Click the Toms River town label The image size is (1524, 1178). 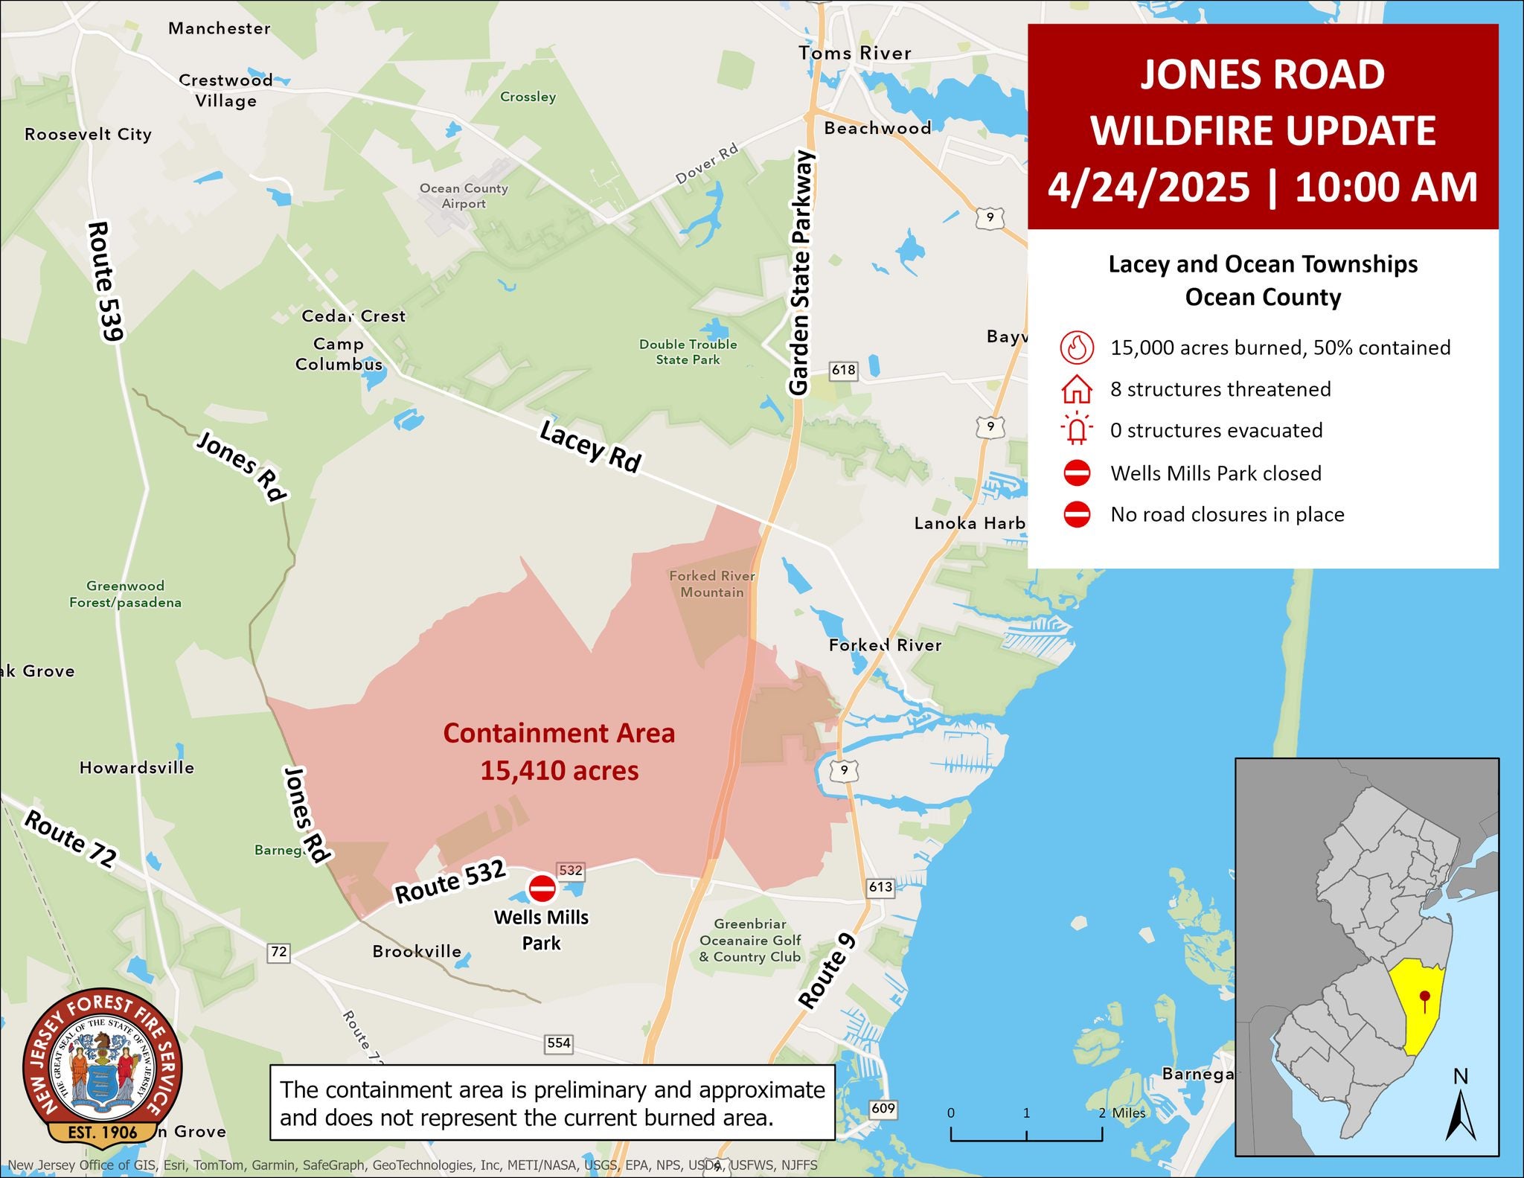(855, 53)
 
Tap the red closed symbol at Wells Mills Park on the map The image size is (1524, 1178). (542, 888)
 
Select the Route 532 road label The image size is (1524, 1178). (450, 881)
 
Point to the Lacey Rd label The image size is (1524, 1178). (590, 446)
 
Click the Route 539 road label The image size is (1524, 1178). (105, 281)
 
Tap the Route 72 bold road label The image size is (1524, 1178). (71, 839)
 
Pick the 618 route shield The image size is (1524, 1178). (844, 370)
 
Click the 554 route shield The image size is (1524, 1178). (559, 1043)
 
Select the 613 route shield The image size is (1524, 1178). (880, 886)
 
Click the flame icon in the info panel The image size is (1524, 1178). (1077, 348)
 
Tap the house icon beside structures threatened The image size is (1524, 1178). (1077, 389)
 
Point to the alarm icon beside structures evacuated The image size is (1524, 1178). (1077, 430)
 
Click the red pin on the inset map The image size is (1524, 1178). (1424, 997)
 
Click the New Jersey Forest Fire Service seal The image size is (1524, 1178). (103, 1066)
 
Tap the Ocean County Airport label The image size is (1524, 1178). (464, 196)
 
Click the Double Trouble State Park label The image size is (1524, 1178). (688, 352)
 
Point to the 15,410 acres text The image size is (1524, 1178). (559, 771)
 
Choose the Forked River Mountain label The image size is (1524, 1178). (712, 584)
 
